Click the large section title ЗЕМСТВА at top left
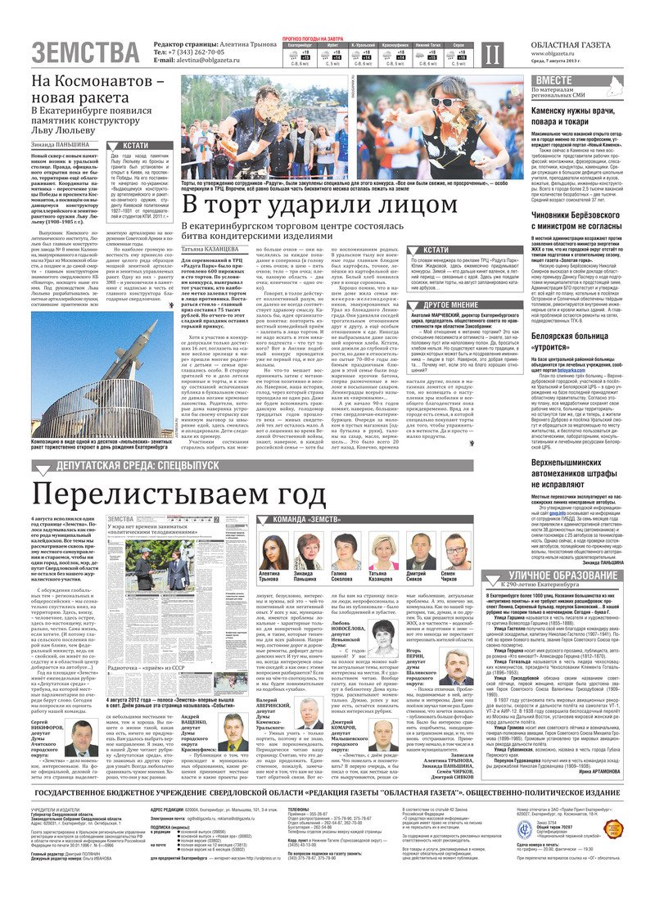click(x=85, y=53)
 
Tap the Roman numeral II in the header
click(x=491, y=54)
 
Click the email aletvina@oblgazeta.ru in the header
click(x=205, y=60)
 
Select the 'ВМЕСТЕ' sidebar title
click(x=554, y=79)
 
